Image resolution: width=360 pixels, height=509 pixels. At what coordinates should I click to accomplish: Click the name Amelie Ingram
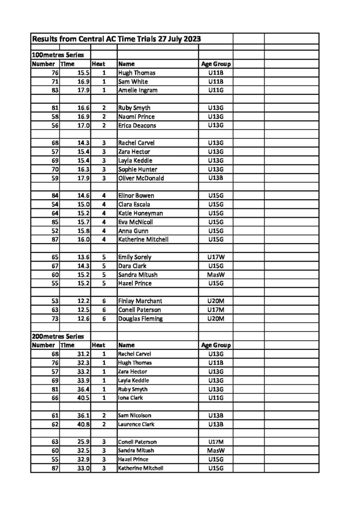click(x=138, y=90)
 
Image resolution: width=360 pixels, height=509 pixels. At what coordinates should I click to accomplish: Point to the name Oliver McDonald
click(x=141, y=178)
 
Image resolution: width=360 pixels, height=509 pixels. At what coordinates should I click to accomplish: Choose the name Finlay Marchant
click(x=140, y=301)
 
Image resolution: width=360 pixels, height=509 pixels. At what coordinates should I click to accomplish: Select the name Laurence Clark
click(x=136, y=424)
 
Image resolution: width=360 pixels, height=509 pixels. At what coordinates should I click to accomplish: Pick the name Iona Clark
click(x=130, y=398)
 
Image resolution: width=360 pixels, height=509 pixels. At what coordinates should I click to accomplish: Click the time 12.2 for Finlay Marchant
click(x=83, y=301)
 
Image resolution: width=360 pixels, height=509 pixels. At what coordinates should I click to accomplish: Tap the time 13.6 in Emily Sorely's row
click(x=83, y=257)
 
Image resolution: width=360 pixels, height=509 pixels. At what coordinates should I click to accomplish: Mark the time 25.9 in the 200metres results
click(x=83, y=441)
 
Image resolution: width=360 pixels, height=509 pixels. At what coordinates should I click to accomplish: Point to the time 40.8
click(x=83, y=424)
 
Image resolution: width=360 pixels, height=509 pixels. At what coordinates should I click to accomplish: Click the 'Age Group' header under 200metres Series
click(x=216, y=345)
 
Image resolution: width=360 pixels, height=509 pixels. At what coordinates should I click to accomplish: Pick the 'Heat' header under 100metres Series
click(x=98, y=64)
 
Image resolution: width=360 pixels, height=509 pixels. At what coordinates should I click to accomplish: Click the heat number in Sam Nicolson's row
click(x=104, y=415)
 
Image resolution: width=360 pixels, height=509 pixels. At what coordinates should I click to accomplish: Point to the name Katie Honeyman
click(x=140, y=213)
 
